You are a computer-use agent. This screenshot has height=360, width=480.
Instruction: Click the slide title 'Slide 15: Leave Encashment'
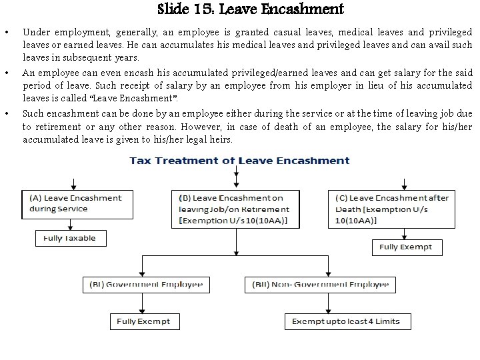point(251,9)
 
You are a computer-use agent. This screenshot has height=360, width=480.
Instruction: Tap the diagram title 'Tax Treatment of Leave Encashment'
point(239,161)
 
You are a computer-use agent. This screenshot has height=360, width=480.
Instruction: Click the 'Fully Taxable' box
point(70,238)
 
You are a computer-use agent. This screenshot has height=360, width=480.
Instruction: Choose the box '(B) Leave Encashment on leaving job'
point(235,209)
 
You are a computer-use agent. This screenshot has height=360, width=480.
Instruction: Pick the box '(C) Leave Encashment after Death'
point(399,209)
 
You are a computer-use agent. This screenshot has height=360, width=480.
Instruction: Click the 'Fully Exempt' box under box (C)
point(405,247)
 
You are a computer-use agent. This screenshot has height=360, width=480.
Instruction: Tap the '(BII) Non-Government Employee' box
point(320,284)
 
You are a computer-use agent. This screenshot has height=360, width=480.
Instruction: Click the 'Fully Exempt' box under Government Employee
point(143,321)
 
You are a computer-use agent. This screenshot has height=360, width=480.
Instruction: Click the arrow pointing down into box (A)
point(73,184)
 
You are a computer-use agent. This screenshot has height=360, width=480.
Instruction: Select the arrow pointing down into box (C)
point(405,184)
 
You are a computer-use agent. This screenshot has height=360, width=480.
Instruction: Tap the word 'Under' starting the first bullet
point(35,32)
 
